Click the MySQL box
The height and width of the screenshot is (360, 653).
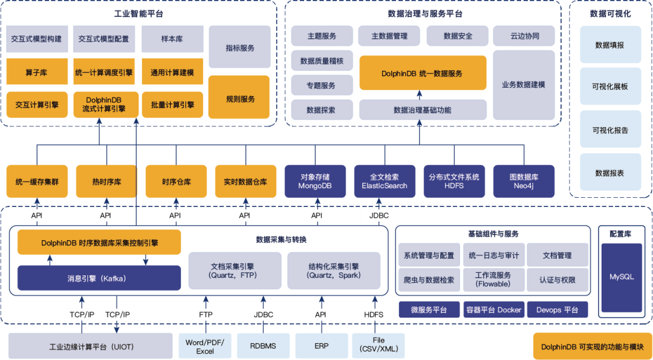(x=622, y=277)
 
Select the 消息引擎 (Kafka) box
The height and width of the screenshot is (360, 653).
(x=99, y=278)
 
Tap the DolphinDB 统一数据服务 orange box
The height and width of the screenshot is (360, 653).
(x=423, y=73)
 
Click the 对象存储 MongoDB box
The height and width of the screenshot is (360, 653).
(x=315, y=182)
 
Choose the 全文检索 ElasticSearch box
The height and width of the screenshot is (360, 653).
(x=385, y=182)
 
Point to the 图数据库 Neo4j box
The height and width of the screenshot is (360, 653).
(x=524, y=182)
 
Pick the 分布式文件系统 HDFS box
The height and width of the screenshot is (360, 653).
(x=454, y=182)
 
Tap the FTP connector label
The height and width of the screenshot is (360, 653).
(x=206, y=315)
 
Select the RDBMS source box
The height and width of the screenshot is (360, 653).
(x=263, y=346)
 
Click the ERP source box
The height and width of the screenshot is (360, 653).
(x=321, y=346)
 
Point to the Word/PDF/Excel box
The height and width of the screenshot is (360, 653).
(x=205, y=346)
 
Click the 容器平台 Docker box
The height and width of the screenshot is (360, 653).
(x=493, y=310)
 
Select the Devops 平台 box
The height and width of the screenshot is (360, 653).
(x=557, y=310)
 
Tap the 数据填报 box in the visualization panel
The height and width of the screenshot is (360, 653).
(x=609, y=45)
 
